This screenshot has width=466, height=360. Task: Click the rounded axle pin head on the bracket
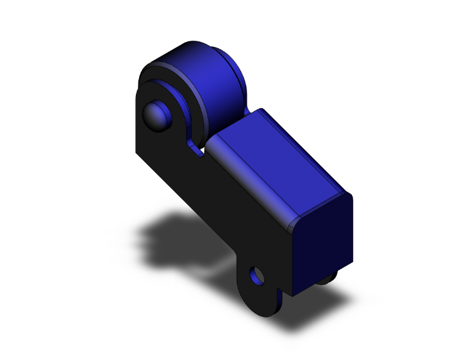(155, 115)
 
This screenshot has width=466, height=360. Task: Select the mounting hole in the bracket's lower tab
(256, 275)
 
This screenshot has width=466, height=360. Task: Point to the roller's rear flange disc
(241, 75)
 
